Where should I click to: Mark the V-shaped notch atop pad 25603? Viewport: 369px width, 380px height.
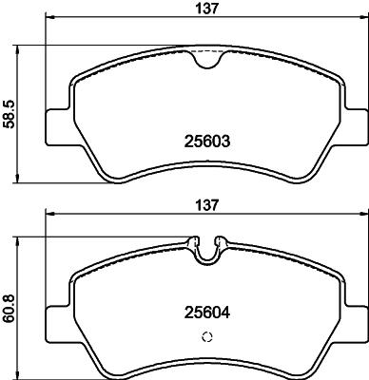click(x=207, y=59)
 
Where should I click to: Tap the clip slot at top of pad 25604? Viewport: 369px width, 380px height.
click(x=207, y=249)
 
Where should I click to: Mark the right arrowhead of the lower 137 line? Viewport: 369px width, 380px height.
click(x=364, y=214)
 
